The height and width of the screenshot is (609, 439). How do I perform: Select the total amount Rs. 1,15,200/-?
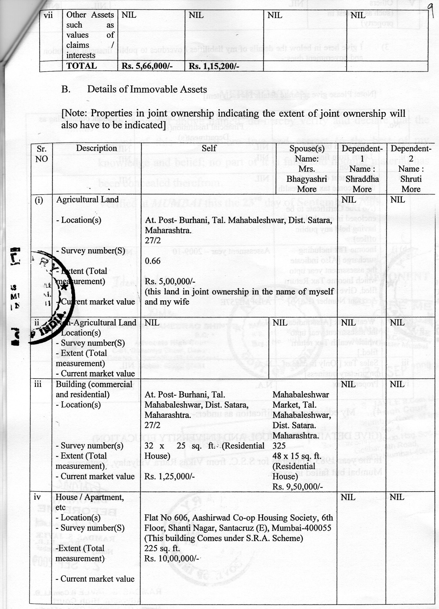pos(214,66)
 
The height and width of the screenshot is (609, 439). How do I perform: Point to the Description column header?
pos(96,148)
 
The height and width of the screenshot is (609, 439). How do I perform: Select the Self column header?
pos(209,148)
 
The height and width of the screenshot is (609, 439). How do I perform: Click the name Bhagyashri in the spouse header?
pos(306,179)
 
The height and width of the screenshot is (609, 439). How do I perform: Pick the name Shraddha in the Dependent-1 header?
pos(362,179)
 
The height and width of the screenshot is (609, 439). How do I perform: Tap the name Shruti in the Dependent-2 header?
pos(411,179)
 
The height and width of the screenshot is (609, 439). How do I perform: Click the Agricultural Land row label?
pos(87,200)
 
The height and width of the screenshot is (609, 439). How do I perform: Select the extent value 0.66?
pos(153,261)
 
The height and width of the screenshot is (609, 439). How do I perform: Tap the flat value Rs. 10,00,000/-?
pos(172,558)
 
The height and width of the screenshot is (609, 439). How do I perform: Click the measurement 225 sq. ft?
pos(162,548)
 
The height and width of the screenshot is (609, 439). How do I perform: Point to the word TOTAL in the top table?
pos(82,66)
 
